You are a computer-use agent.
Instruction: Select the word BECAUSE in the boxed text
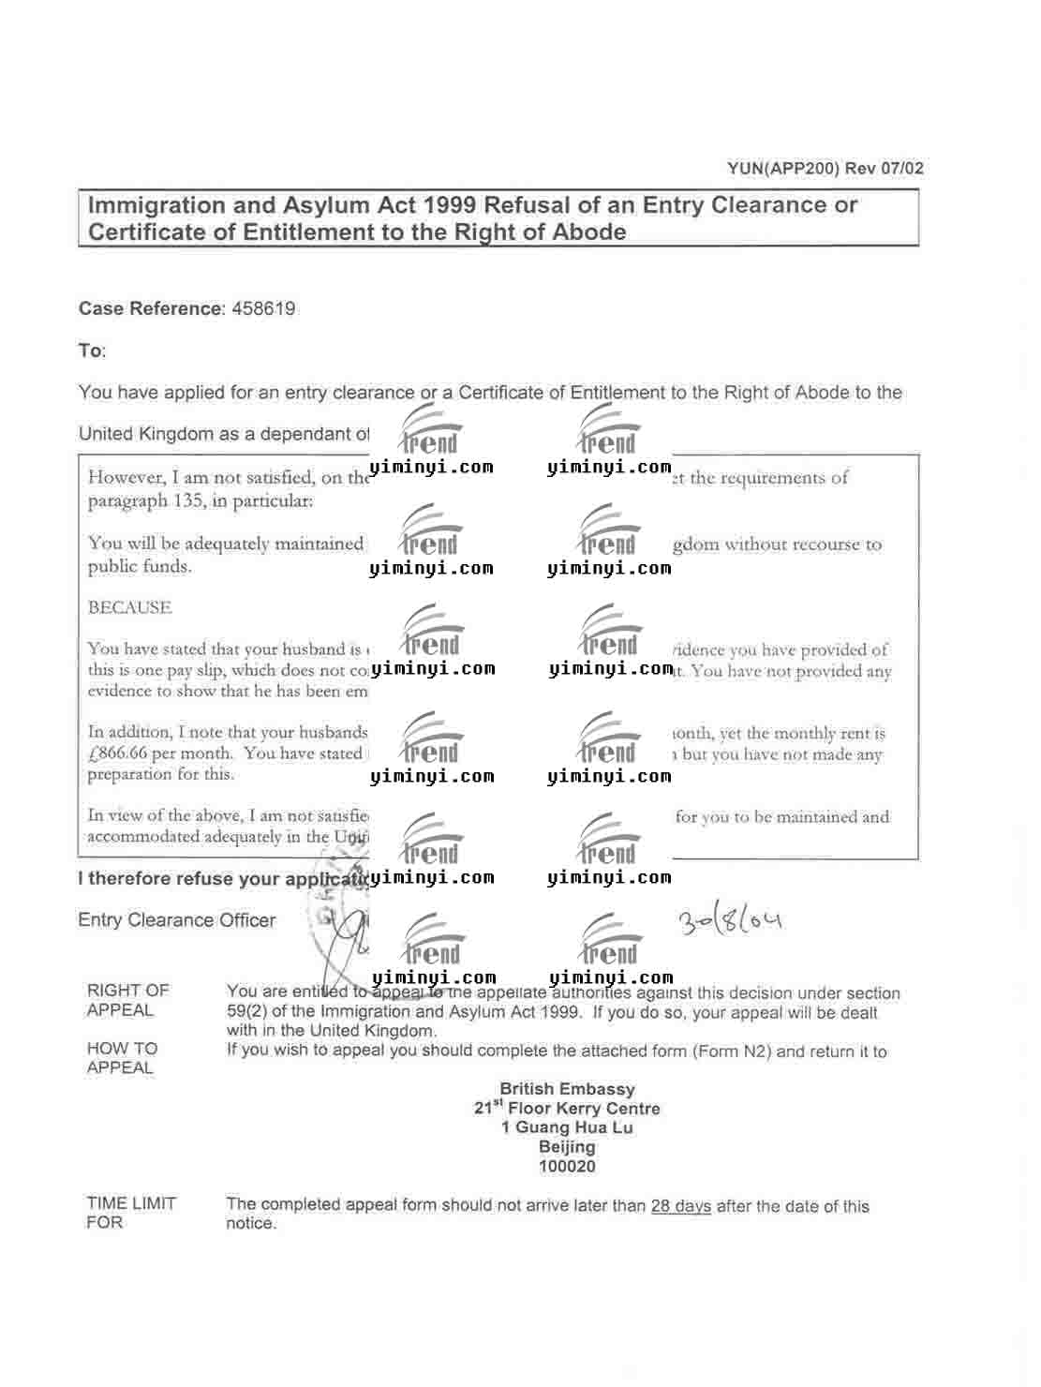130,607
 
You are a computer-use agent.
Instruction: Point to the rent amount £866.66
118,753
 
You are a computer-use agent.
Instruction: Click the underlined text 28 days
681,1206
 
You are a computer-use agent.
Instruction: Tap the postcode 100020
567,1167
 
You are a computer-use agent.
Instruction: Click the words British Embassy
567,1089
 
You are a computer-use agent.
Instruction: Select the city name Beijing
567,1147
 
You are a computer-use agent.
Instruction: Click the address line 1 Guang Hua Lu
567,1127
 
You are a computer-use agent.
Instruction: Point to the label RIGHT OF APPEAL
127,1000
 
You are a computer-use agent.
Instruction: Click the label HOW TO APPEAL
122,1058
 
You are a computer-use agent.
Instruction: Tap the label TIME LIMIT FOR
130,1213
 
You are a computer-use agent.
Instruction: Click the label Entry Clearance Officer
177,920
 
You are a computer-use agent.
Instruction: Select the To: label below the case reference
92,350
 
